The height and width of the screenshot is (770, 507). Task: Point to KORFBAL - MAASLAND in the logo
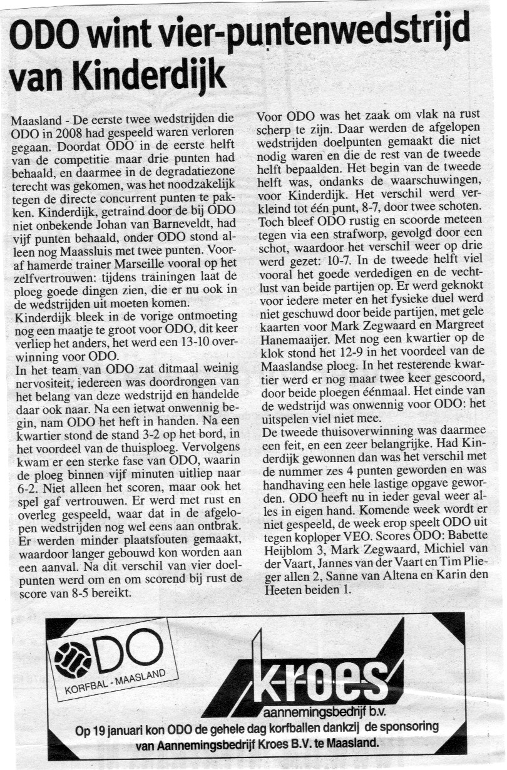click(115, 681)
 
